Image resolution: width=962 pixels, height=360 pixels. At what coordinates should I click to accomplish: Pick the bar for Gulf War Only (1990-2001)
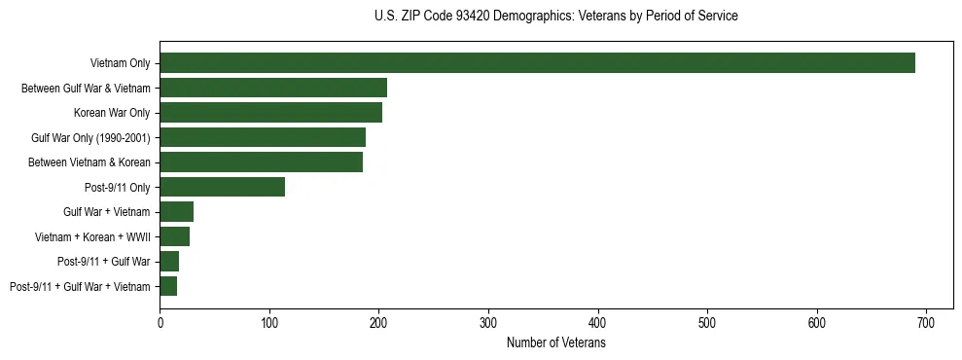(x=263, y=137)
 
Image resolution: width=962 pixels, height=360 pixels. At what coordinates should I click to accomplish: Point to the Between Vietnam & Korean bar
(x=262, y=162)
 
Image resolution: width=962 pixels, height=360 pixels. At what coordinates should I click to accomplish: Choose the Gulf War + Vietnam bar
(x=177, y=212)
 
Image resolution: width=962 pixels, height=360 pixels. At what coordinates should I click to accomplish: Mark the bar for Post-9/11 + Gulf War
(x=169, y=262)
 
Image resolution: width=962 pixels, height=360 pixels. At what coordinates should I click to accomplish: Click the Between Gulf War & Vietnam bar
(x=273, y=88)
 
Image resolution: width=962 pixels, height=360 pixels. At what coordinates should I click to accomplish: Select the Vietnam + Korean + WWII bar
(x=175, y=236)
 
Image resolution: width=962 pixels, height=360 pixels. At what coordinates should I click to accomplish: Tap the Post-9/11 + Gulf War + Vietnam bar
(x=168, y=286)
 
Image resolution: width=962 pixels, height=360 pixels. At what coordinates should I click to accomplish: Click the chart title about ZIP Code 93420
(x=555, y=17)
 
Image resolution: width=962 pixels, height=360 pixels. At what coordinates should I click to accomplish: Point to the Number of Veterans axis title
(x=555, y=343)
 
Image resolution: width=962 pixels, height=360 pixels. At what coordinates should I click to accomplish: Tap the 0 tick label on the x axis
(x=160, y=323)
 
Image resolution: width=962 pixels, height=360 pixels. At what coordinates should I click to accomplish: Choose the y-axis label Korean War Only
(x=112, y=113)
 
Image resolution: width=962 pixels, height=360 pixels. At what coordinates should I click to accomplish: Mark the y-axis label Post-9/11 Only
(x=118, y=187)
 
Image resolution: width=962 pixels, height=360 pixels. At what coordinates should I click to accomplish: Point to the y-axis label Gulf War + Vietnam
(x=107, y=212)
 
